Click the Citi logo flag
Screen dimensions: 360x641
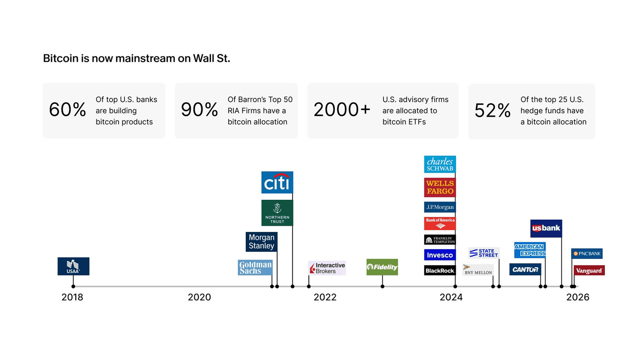(277, 182)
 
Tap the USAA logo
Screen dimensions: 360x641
(73, 266)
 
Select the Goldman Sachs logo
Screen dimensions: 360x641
(255, 267)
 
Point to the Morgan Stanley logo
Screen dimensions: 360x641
(261, 242)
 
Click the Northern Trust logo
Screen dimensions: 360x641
(277, 213)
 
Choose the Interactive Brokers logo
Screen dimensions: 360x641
(327, 268)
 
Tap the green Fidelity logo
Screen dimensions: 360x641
(382, 267)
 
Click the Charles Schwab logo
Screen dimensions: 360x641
(440, 164)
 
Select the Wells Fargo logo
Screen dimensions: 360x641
(440, 187)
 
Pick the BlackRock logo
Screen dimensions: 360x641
(440, 270)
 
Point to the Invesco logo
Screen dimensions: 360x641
(440, 255)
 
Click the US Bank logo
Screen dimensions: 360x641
(546, 228)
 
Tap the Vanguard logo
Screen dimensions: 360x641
(589, 270)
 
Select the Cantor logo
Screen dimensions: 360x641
(525, 269)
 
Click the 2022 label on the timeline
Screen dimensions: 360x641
(325, 297)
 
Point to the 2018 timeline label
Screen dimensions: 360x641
(72, 297)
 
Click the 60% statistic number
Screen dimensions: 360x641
(67, 110)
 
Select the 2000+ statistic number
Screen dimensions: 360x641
(342, 110)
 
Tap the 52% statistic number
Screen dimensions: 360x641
(492, 111)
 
